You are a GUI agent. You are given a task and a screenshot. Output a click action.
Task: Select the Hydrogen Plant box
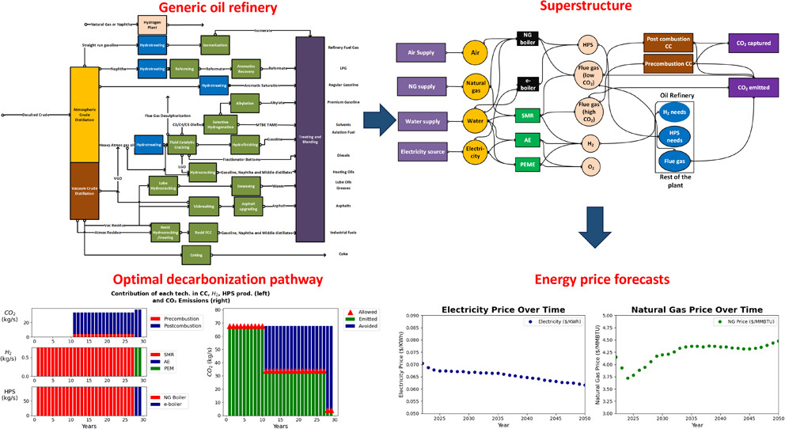(x=152, y=25)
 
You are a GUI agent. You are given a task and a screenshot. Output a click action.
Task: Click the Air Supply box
(x=423, y=52)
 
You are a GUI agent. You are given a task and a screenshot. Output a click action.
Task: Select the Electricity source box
(x=423, y=150)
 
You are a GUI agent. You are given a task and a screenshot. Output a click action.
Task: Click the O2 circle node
(x=588, y=166)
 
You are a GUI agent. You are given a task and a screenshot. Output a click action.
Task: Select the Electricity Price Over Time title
(x=496, y=309)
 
